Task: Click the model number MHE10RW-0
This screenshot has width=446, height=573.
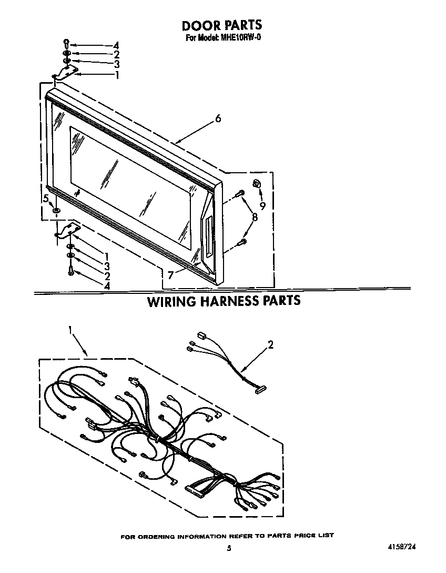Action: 239,37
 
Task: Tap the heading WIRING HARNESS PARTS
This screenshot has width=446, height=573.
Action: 224,300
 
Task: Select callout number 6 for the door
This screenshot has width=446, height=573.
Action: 218,118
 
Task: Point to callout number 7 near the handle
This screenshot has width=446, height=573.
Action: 170,275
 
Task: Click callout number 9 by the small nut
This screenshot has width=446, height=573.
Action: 263,205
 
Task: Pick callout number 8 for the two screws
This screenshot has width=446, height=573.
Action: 255,218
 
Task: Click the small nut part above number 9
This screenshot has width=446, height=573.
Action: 256,184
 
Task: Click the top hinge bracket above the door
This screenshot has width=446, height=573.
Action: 67,73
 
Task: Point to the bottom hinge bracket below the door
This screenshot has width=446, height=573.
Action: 68,231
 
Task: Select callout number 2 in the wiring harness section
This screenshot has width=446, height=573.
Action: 270,344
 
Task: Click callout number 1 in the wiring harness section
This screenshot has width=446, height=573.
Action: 70,330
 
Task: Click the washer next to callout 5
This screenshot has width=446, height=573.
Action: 57,211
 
